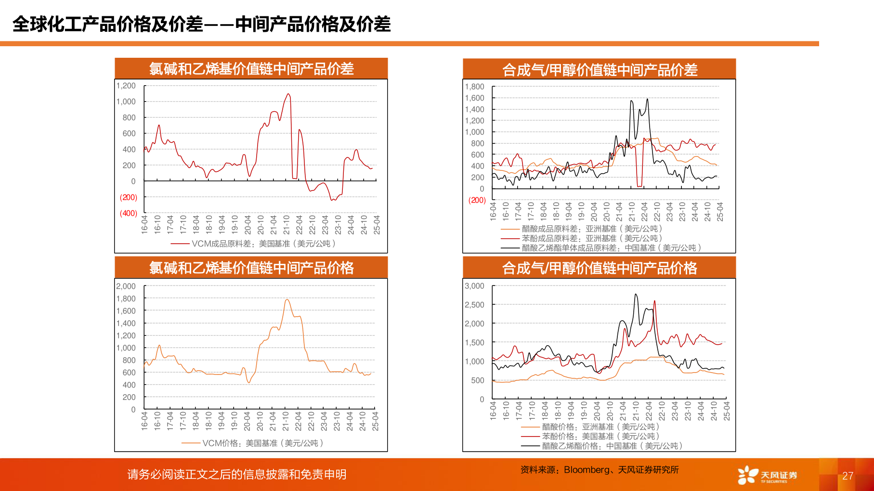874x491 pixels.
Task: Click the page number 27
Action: point(848,476)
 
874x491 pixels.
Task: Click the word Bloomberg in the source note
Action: point(586,470)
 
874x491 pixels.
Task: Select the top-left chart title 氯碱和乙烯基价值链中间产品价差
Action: point(251,69)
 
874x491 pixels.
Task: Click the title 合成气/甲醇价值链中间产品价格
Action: point(599,268)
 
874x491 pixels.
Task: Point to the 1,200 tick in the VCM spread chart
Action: point(126,86)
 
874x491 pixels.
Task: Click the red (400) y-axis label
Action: point(129,213)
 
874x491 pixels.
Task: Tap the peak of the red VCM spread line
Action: point(288,94)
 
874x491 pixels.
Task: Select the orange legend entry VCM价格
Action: point(252,443)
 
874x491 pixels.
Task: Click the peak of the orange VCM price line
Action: point(287,300)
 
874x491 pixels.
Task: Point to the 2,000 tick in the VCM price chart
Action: point(126,286)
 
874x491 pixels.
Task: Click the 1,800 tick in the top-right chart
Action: point(474,87)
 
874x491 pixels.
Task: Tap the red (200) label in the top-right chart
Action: point(477,200)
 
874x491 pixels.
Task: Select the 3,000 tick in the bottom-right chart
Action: point(474,286)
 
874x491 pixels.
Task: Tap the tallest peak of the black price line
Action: point(636,294)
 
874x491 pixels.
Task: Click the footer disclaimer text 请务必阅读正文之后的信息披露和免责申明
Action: point(236,475)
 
